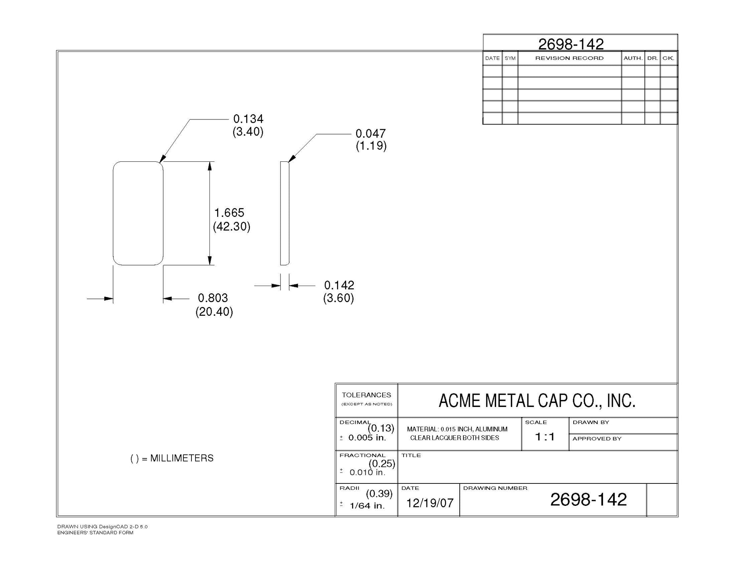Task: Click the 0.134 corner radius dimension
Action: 248,119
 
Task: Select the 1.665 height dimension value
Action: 229,213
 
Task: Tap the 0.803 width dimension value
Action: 213,298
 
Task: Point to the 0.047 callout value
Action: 370,133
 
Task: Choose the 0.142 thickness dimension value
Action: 339,285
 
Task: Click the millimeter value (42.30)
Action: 232,226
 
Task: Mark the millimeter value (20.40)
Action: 214,312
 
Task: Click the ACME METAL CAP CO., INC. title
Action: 537,401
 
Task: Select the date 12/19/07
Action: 430,503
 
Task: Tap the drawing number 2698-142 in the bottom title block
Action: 588,500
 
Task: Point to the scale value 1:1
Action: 545,437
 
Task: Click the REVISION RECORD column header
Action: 569,58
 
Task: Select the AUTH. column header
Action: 633,58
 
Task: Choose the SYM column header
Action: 510,58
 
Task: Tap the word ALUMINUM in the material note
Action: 491,429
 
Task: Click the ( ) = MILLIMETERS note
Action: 172,458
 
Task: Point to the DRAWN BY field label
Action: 591,422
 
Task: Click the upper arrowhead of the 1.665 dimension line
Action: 209,166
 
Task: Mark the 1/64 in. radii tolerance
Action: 367,506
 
